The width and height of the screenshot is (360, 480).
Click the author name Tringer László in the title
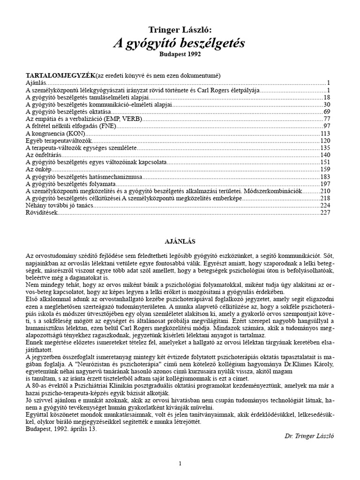pyautogui.click(x=180, y=30)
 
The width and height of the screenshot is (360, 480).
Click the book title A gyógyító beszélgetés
pyautogui.click(x=180, y=44)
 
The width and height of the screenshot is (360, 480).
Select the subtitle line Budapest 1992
pyautogui.click(x=180, y=54)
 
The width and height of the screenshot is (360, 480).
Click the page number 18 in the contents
pyautogui.click(x=327, y=97)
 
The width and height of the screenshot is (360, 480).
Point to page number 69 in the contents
pyautogui.click(x=327, y=112)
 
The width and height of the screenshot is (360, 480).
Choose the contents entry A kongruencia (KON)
pyautogui.click(x=54, y=133)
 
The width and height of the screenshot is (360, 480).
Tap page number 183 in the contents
pyautogui.click(x=325, y=177)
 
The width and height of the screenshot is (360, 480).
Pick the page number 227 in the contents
pyautogui.click(x=325, y=212)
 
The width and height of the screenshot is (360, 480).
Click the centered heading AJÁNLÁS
pyautogui.click(x=180, y=241)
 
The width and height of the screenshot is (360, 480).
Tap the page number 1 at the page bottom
pyautogui.click(x=180, y=464)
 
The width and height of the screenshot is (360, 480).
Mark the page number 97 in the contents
pyautogui.click(x=327, y=126)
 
